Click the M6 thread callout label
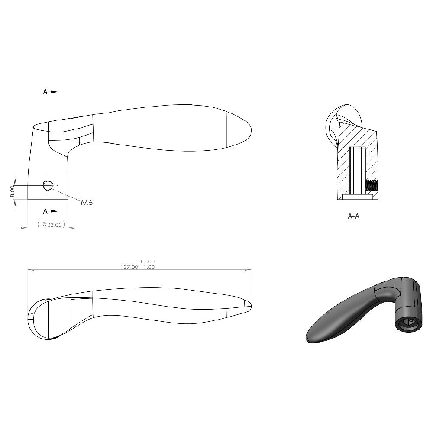coord(87,202)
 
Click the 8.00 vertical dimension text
coord(12,191)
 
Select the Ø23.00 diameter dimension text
coord(52,224)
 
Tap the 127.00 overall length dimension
coord(129,267)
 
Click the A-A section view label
coord(353,216)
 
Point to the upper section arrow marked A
coord(50,92)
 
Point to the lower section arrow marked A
coord(50,211)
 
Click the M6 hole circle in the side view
coord(48,186)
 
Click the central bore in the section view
coord(358,170)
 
